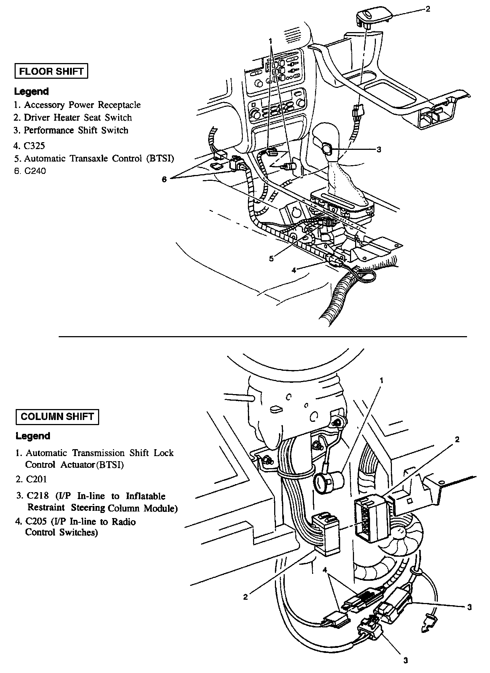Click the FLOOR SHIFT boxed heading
(x=51, y=71)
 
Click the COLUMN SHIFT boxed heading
(x=57, y=417)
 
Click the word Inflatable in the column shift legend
(x=146, y=496)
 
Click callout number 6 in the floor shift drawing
(x=164, y=179)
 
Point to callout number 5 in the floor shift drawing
(x=271, y=258)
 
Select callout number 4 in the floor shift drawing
(x=294, y=270)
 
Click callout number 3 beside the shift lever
(x=379, y=149)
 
